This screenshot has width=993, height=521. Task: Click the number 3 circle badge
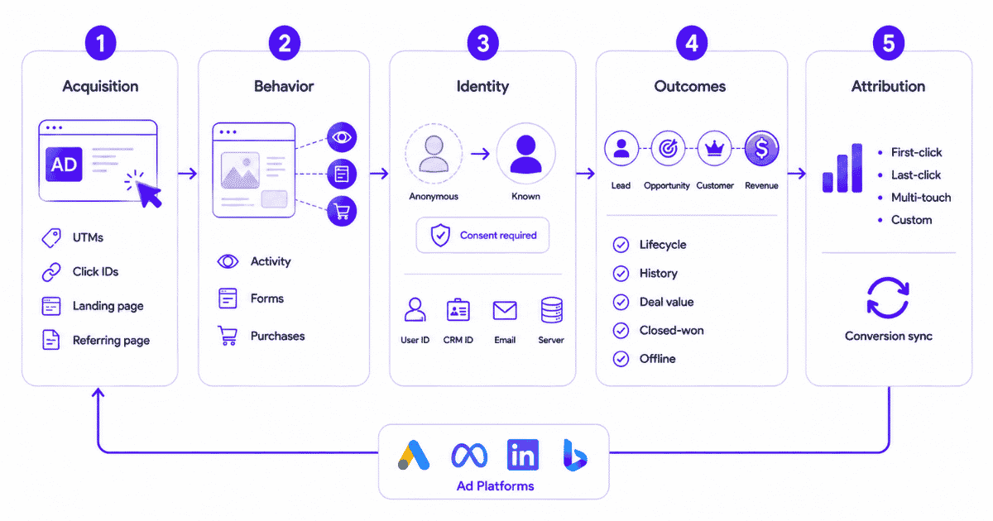click(x=482, y=43)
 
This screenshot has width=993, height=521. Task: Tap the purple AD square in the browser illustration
click(x=64, y=165)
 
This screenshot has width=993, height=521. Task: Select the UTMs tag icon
click(x=51, y=238)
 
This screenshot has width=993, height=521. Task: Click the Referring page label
click(x=111, y=340)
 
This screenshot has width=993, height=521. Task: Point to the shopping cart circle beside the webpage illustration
click(x=342, y=211)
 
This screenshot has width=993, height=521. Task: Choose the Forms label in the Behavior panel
click(x=266, y=299)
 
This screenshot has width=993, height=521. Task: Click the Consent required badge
click(x=482, y=235)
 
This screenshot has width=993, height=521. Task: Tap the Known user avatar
click(x=525, y=154)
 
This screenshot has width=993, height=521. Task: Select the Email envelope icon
click(x=505, y=311)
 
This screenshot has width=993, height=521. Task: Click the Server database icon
click(x=551, y=310)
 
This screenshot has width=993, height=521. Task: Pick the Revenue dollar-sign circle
click(x=761, y=148)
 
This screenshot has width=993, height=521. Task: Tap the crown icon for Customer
click(x=714, y=148)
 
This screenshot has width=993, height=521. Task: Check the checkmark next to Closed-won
click(x=621, y=331)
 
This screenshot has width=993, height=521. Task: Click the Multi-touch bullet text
click(x=921, y=198)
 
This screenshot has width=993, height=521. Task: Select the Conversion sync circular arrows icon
click(x=888, y=298)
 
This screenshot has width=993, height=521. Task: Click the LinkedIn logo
click(x=523, y=455)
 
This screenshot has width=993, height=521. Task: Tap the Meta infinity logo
click(x=469, y=455)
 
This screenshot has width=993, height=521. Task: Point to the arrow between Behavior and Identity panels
click(x=379, y=173)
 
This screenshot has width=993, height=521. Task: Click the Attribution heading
click(x=888, y=86)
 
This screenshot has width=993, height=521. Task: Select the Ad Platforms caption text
click(x=495, y=486)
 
